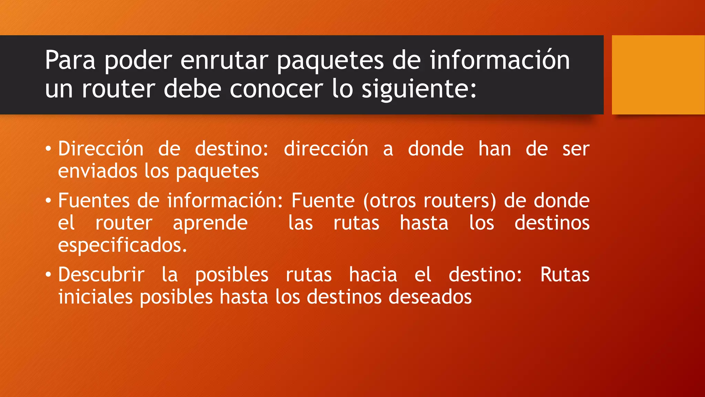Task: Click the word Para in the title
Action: [x=70, y=60]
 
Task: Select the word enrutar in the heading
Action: [x=224, y=60]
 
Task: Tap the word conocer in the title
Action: [x=276, y=89]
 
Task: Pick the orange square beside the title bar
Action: [x=658, y=74]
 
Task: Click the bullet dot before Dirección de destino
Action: [x=48, y=149]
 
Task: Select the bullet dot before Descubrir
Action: [x=48, y=275]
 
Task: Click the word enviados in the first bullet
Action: [x=97, y=171]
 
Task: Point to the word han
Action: [x=495, y=149]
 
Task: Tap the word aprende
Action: [x=210, y=223]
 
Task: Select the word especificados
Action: [x=122, y=245]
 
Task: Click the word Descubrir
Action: [x=101, y=275]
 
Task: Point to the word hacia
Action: [x=373, y=275]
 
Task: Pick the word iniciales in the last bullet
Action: [x=95, y=297]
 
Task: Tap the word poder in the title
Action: [x=138, y=60]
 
